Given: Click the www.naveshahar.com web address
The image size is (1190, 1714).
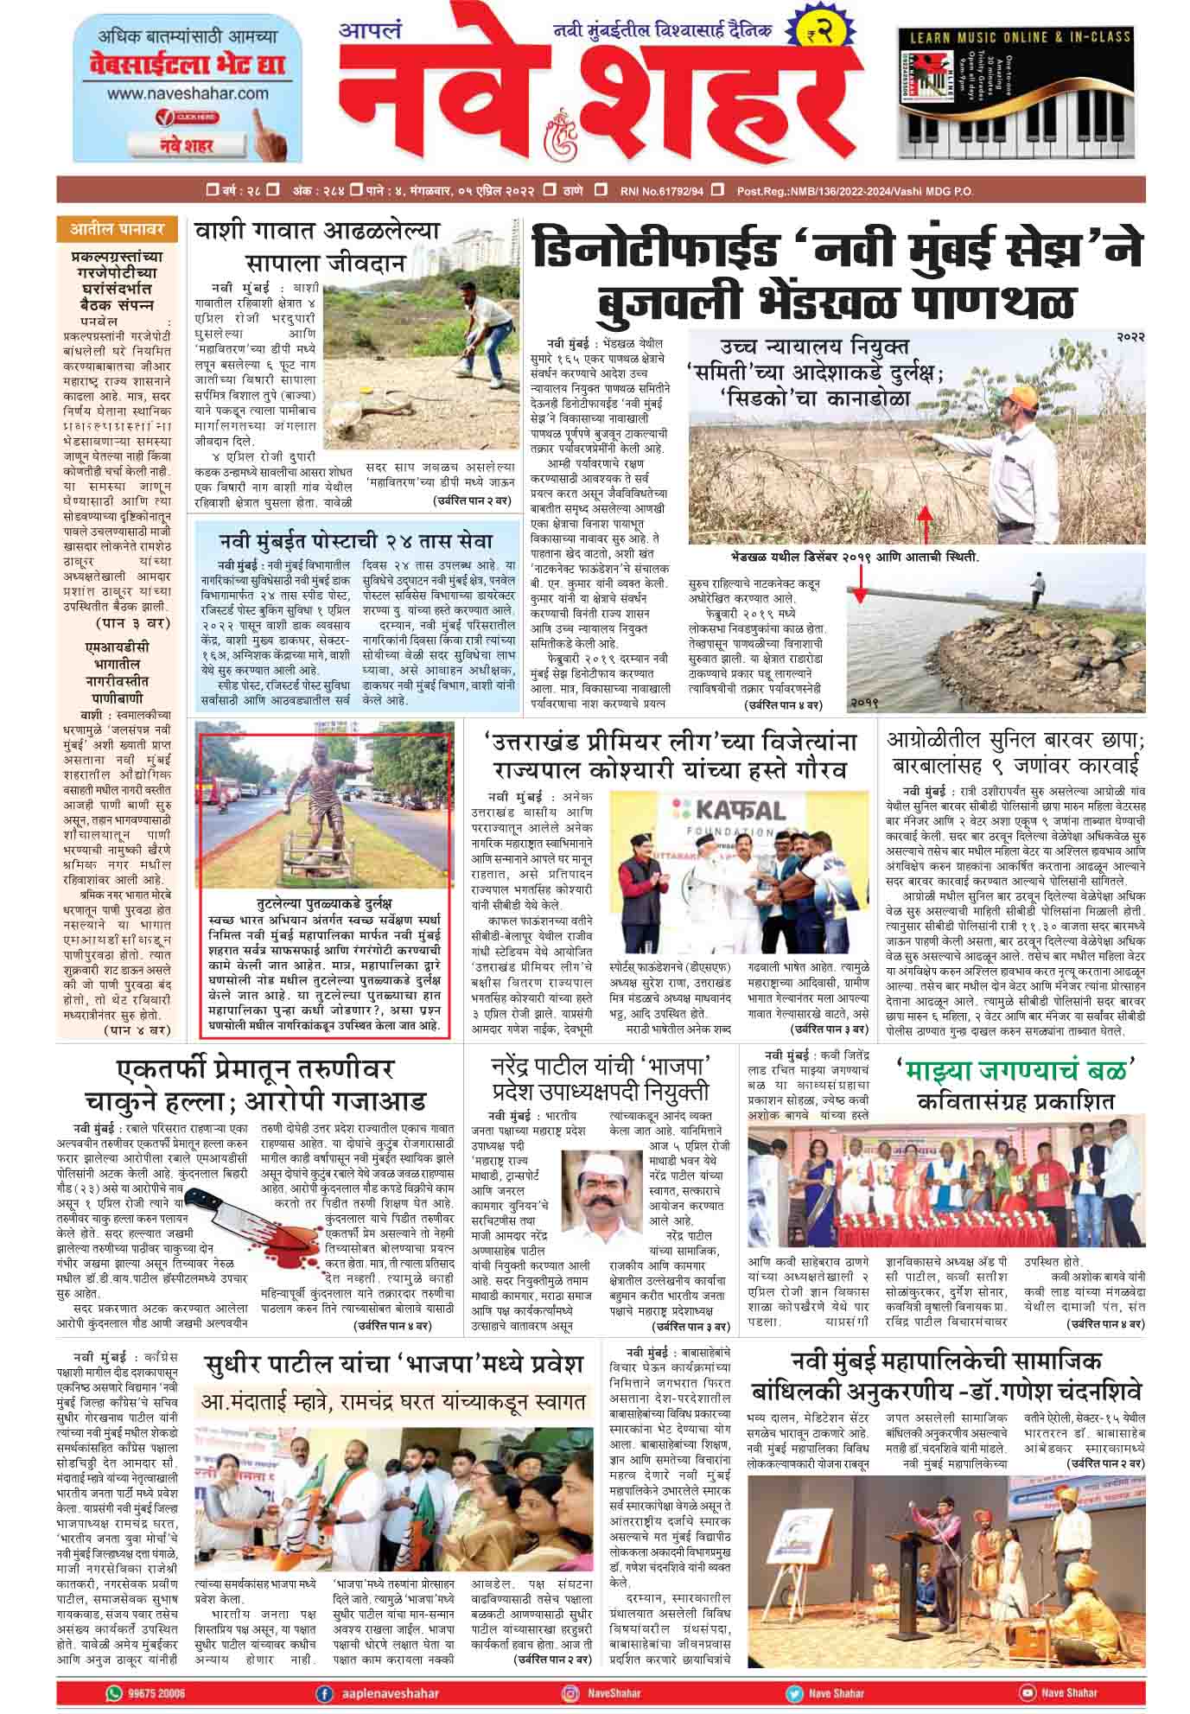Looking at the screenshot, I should (188, 92).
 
